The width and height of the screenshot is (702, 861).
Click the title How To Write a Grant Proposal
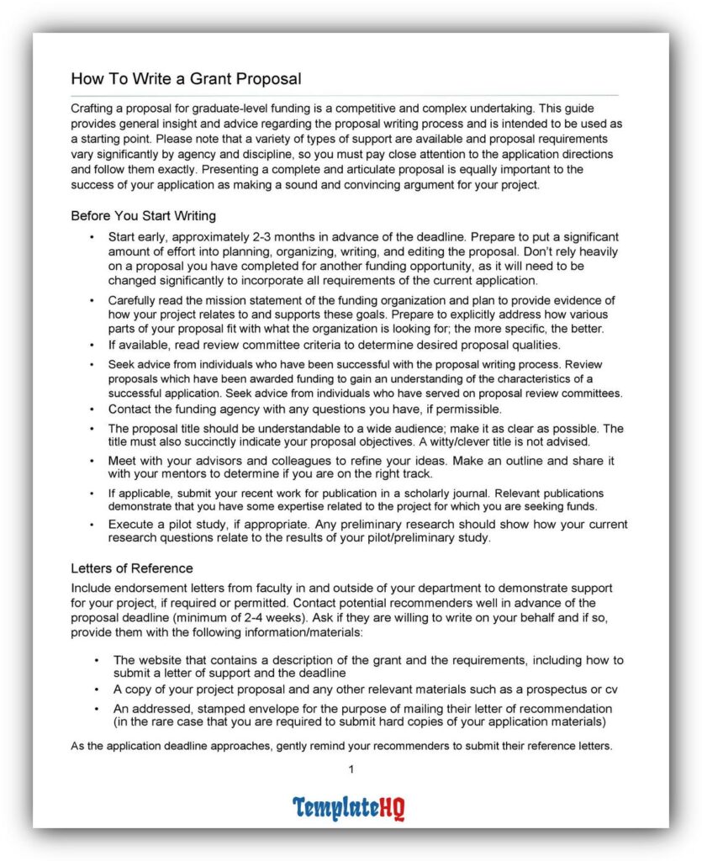click(186, 79)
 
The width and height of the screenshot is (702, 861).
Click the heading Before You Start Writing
click(143, 216)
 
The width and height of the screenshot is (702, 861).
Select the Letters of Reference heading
click(131, 568)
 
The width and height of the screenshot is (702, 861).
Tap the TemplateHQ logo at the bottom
click(349, 808)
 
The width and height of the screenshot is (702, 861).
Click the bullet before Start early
click(92, 238)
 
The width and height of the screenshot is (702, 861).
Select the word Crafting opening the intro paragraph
click(95, 108)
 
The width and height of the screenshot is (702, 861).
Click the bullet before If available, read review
click(92, 345)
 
